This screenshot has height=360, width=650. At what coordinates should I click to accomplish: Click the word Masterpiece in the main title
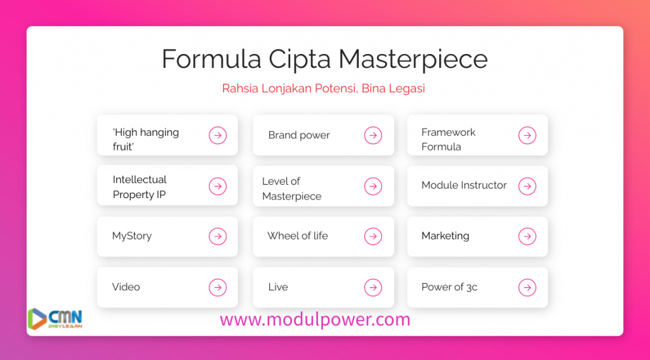click(413, 59)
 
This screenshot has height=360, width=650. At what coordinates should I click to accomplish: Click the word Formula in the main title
click(211, 58)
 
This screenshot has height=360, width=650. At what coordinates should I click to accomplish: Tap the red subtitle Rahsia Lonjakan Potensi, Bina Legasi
click(323, 88)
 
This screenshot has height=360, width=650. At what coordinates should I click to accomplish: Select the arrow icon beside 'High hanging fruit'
click(218, 135)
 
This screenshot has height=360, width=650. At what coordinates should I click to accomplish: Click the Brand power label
click(299, 135)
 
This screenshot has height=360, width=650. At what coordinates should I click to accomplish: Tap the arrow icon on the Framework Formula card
click(527, 135)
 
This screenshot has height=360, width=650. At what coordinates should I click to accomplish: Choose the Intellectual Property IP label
click(140, 187)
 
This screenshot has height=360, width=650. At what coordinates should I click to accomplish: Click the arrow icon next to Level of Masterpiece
click(373, 186)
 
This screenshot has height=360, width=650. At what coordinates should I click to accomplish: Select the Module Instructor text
click(464, 185)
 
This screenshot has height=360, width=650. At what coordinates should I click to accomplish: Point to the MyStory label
click(132, 236)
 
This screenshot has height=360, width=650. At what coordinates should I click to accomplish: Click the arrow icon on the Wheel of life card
click(373, 236)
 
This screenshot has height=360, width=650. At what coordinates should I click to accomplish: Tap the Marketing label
click(445, 236)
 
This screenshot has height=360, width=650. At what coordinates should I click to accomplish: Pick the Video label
click(126, 287)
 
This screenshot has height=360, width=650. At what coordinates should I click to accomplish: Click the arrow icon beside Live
click(373, 288)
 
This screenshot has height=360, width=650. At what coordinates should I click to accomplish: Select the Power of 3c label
click(449, 287)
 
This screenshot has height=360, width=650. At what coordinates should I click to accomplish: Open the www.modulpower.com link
click(315, 320)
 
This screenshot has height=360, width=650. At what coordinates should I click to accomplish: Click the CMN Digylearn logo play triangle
click(36, 319)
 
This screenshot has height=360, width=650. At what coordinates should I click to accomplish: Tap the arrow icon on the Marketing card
click(527, 236)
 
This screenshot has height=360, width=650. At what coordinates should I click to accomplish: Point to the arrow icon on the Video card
click(218, 288)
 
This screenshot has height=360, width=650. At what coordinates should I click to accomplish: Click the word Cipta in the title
click(300, 59)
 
